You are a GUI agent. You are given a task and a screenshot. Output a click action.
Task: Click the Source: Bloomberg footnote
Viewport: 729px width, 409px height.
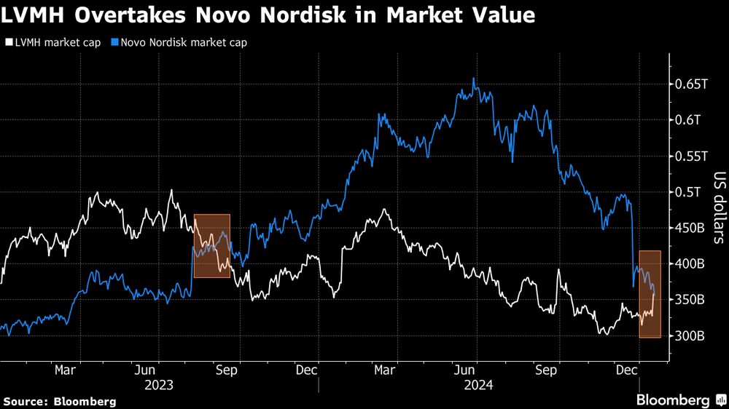[60, 401]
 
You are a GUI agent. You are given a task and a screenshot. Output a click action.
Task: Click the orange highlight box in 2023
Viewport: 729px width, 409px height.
[211, 245]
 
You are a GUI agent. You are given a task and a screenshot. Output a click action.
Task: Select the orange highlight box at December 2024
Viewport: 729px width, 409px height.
[650, 294]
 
